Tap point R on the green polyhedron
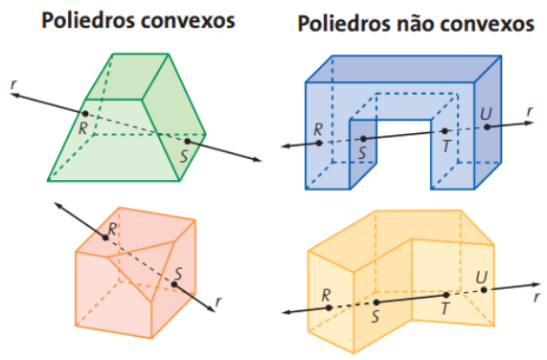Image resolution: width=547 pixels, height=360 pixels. coord(85,115)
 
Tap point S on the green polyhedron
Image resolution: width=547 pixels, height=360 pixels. coord(188,142)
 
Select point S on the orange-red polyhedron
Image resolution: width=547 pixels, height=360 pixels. coord(174,281)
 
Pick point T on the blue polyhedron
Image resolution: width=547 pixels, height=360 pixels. coord(444,132)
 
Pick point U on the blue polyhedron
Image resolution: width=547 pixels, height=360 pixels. coord(487,126)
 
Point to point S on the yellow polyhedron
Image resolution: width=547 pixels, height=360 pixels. coord(376,303)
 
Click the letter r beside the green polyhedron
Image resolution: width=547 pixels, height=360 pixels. coord(12,84)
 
